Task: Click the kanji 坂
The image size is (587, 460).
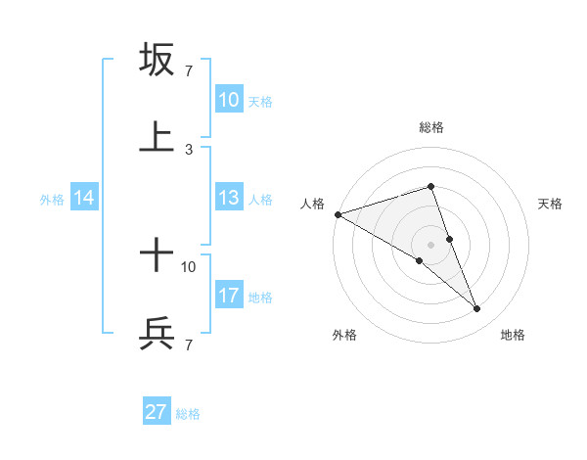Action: click(x=157, y=60)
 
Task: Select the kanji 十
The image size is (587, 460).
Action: click(x=157, y=256)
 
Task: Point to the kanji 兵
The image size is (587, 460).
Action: click(x=157, y=334)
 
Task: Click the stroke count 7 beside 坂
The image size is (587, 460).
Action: click(x=189, y=71)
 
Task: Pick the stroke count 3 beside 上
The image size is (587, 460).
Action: click(x=189, y=149)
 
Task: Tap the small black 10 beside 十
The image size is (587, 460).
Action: click(x=189, y=266)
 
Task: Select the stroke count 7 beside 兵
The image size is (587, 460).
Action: click(x=189, y=345)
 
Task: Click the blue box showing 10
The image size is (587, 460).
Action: click(x=228, y=100)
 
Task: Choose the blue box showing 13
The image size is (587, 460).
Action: click(x=228, y=198)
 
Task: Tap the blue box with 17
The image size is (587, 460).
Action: click(x=228, y=296)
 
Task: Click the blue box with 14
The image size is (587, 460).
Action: click(x=84, y=198)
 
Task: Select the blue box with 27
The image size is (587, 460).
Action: click(x=157, y=412)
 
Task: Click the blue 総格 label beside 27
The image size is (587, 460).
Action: click(x=188, y=414)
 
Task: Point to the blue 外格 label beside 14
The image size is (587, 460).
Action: click(x=52, y=199)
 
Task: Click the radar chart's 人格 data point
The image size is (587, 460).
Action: click(x=338, y=214)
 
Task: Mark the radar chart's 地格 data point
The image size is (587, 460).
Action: click(x=477, y=309)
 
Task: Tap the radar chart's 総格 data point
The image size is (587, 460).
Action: click(x=430, y=187)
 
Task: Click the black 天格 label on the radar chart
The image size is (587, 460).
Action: click(x=551, y=204)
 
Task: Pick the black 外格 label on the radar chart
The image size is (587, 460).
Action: click(x=344, y=335)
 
